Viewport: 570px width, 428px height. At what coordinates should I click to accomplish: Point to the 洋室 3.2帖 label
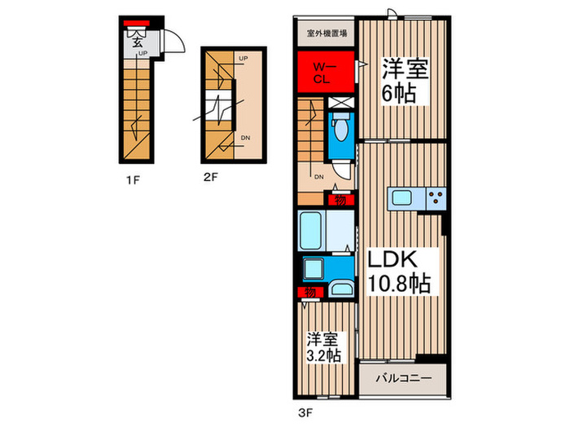tap(323, 346)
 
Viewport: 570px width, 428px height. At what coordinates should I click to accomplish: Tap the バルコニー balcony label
tap(403, 379)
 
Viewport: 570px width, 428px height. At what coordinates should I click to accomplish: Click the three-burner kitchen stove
tap(436, 196)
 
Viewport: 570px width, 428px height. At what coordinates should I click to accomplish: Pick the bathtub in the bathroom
tap(313, 231)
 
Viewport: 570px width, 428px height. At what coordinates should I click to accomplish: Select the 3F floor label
tap(305, 411)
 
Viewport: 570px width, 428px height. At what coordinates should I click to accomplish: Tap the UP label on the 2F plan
tap(243, 59)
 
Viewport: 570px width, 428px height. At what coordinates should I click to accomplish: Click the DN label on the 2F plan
tap(244, 139)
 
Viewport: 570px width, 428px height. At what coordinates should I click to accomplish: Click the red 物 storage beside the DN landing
tap(334, 200)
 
